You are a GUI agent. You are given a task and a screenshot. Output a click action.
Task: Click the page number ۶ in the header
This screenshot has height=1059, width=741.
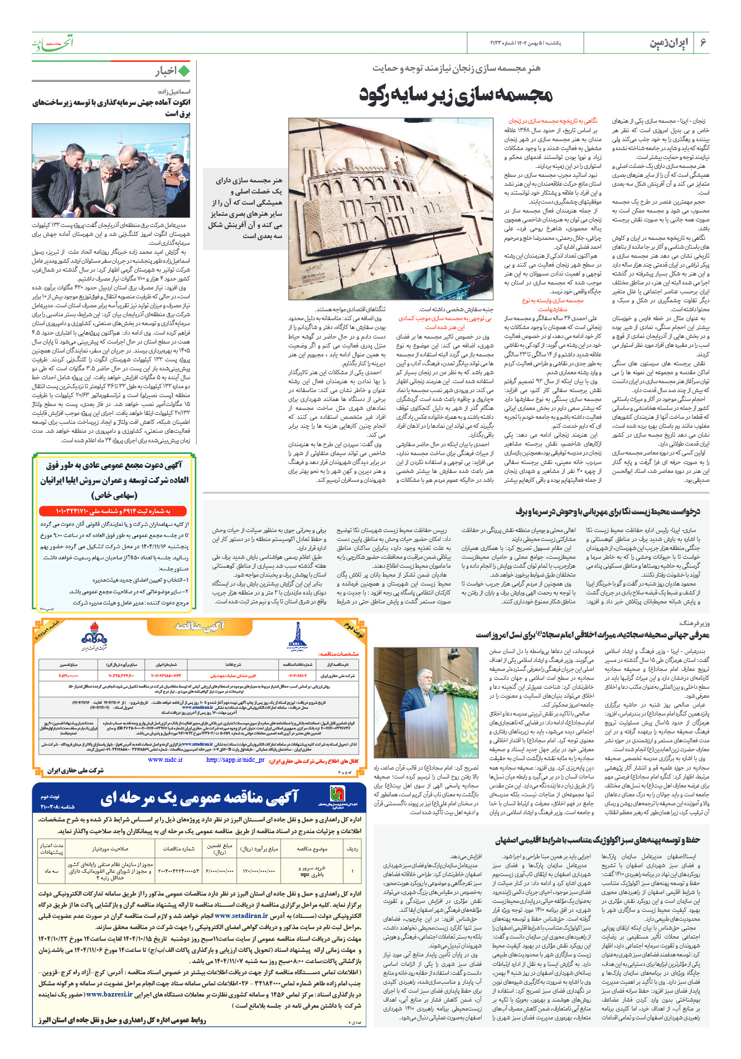703,42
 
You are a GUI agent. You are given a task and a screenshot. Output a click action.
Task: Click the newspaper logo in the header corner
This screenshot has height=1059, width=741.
52,42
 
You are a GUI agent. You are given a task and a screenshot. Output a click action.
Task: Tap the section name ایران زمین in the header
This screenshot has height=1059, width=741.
669,43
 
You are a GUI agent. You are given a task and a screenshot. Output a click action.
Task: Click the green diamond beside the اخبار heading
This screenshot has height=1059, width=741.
183,71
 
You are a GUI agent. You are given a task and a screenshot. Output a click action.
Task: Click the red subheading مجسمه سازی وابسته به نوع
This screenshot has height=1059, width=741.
553,301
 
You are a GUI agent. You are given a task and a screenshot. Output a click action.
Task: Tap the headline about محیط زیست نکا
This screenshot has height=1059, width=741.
607,511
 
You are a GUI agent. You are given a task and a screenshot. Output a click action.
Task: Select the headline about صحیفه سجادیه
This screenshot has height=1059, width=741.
592,635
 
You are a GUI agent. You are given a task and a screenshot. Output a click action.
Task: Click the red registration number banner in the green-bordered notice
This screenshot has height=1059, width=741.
113,511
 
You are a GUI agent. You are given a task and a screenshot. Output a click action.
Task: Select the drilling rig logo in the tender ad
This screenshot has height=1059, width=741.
297,636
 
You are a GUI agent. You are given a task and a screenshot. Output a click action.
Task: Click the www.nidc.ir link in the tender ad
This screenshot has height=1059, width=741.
166,760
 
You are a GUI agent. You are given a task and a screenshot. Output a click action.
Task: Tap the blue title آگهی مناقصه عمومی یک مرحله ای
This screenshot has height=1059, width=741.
199,799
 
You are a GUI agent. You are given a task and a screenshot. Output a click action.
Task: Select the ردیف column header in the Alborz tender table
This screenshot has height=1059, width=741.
352,849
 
